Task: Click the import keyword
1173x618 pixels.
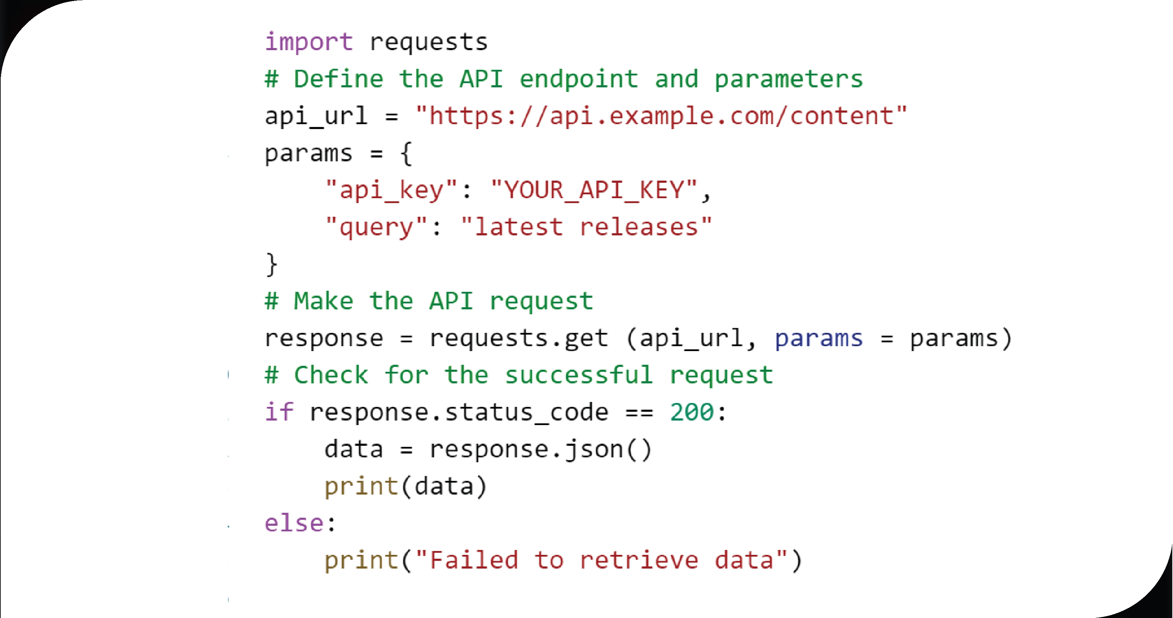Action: click(x=309, y=42)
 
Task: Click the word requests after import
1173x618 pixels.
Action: click(x=429, y=42)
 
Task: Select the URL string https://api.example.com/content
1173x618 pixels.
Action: click(x=661, y=116)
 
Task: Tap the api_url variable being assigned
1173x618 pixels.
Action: click(x=316, y=116)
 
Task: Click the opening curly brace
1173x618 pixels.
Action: click(x=406, y=153)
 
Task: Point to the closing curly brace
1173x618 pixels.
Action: click(x=271, y=264)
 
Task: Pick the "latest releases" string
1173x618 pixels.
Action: click(x=586, y=227)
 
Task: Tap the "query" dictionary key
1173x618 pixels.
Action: click(x=377, y=227)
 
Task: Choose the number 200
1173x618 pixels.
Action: click(x=692, y=412)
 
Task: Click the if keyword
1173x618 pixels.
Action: click(x=279, y=412)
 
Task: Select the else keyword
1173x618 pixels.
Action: click(x=294, y=523)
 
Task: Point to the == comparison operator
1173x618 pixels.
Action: click(x=639, y=413)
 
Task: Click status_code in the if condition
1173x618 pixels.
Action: click(x=526, y=413)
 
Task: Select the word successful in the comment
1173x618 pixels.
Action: click(x=579, y=375)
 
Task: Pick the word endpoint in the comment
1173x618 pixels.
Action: click(x=579, y=79)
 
